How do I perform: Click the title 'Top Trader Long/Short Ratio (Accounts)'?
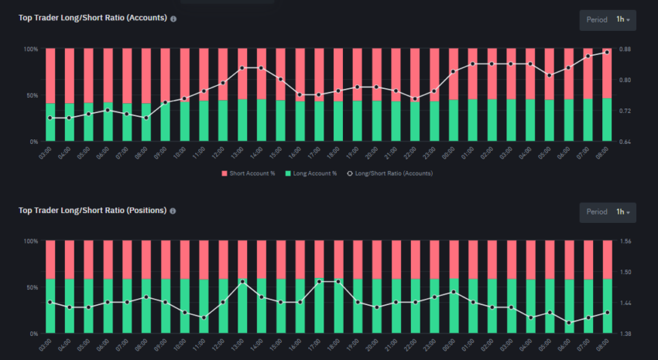tap(93, 18)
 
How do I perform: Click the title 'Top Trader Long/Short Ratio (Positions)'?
tap(93, 210)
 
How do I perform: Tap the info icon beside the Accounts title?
tap(173, 19)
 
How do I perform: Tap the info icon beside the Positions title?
tap(173, 211)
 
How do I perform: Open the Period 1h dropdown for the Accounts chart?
tap(608, 19)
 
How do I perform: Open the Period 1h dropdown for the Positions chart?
tap(608, 211)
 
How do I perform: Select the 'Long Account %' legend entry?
tap(311, 173)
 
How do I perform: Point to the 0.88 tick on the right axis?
tap(625, 50)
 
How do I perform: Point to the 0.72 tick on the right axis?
tap(625, 111)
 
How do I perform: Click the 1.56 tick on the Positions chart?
tap(625, 242)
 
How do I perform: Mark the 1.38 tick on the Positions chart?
tap(625, 334)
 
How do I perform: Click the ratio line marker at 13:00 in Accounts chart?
tap(242, 68)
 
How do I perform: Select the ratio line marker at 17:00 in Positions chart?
tap(319, 282)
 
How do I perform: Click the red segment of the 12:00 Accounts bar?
tap(223, 74)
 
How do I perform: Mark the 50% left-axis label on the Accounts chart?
tap(32, 95)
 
